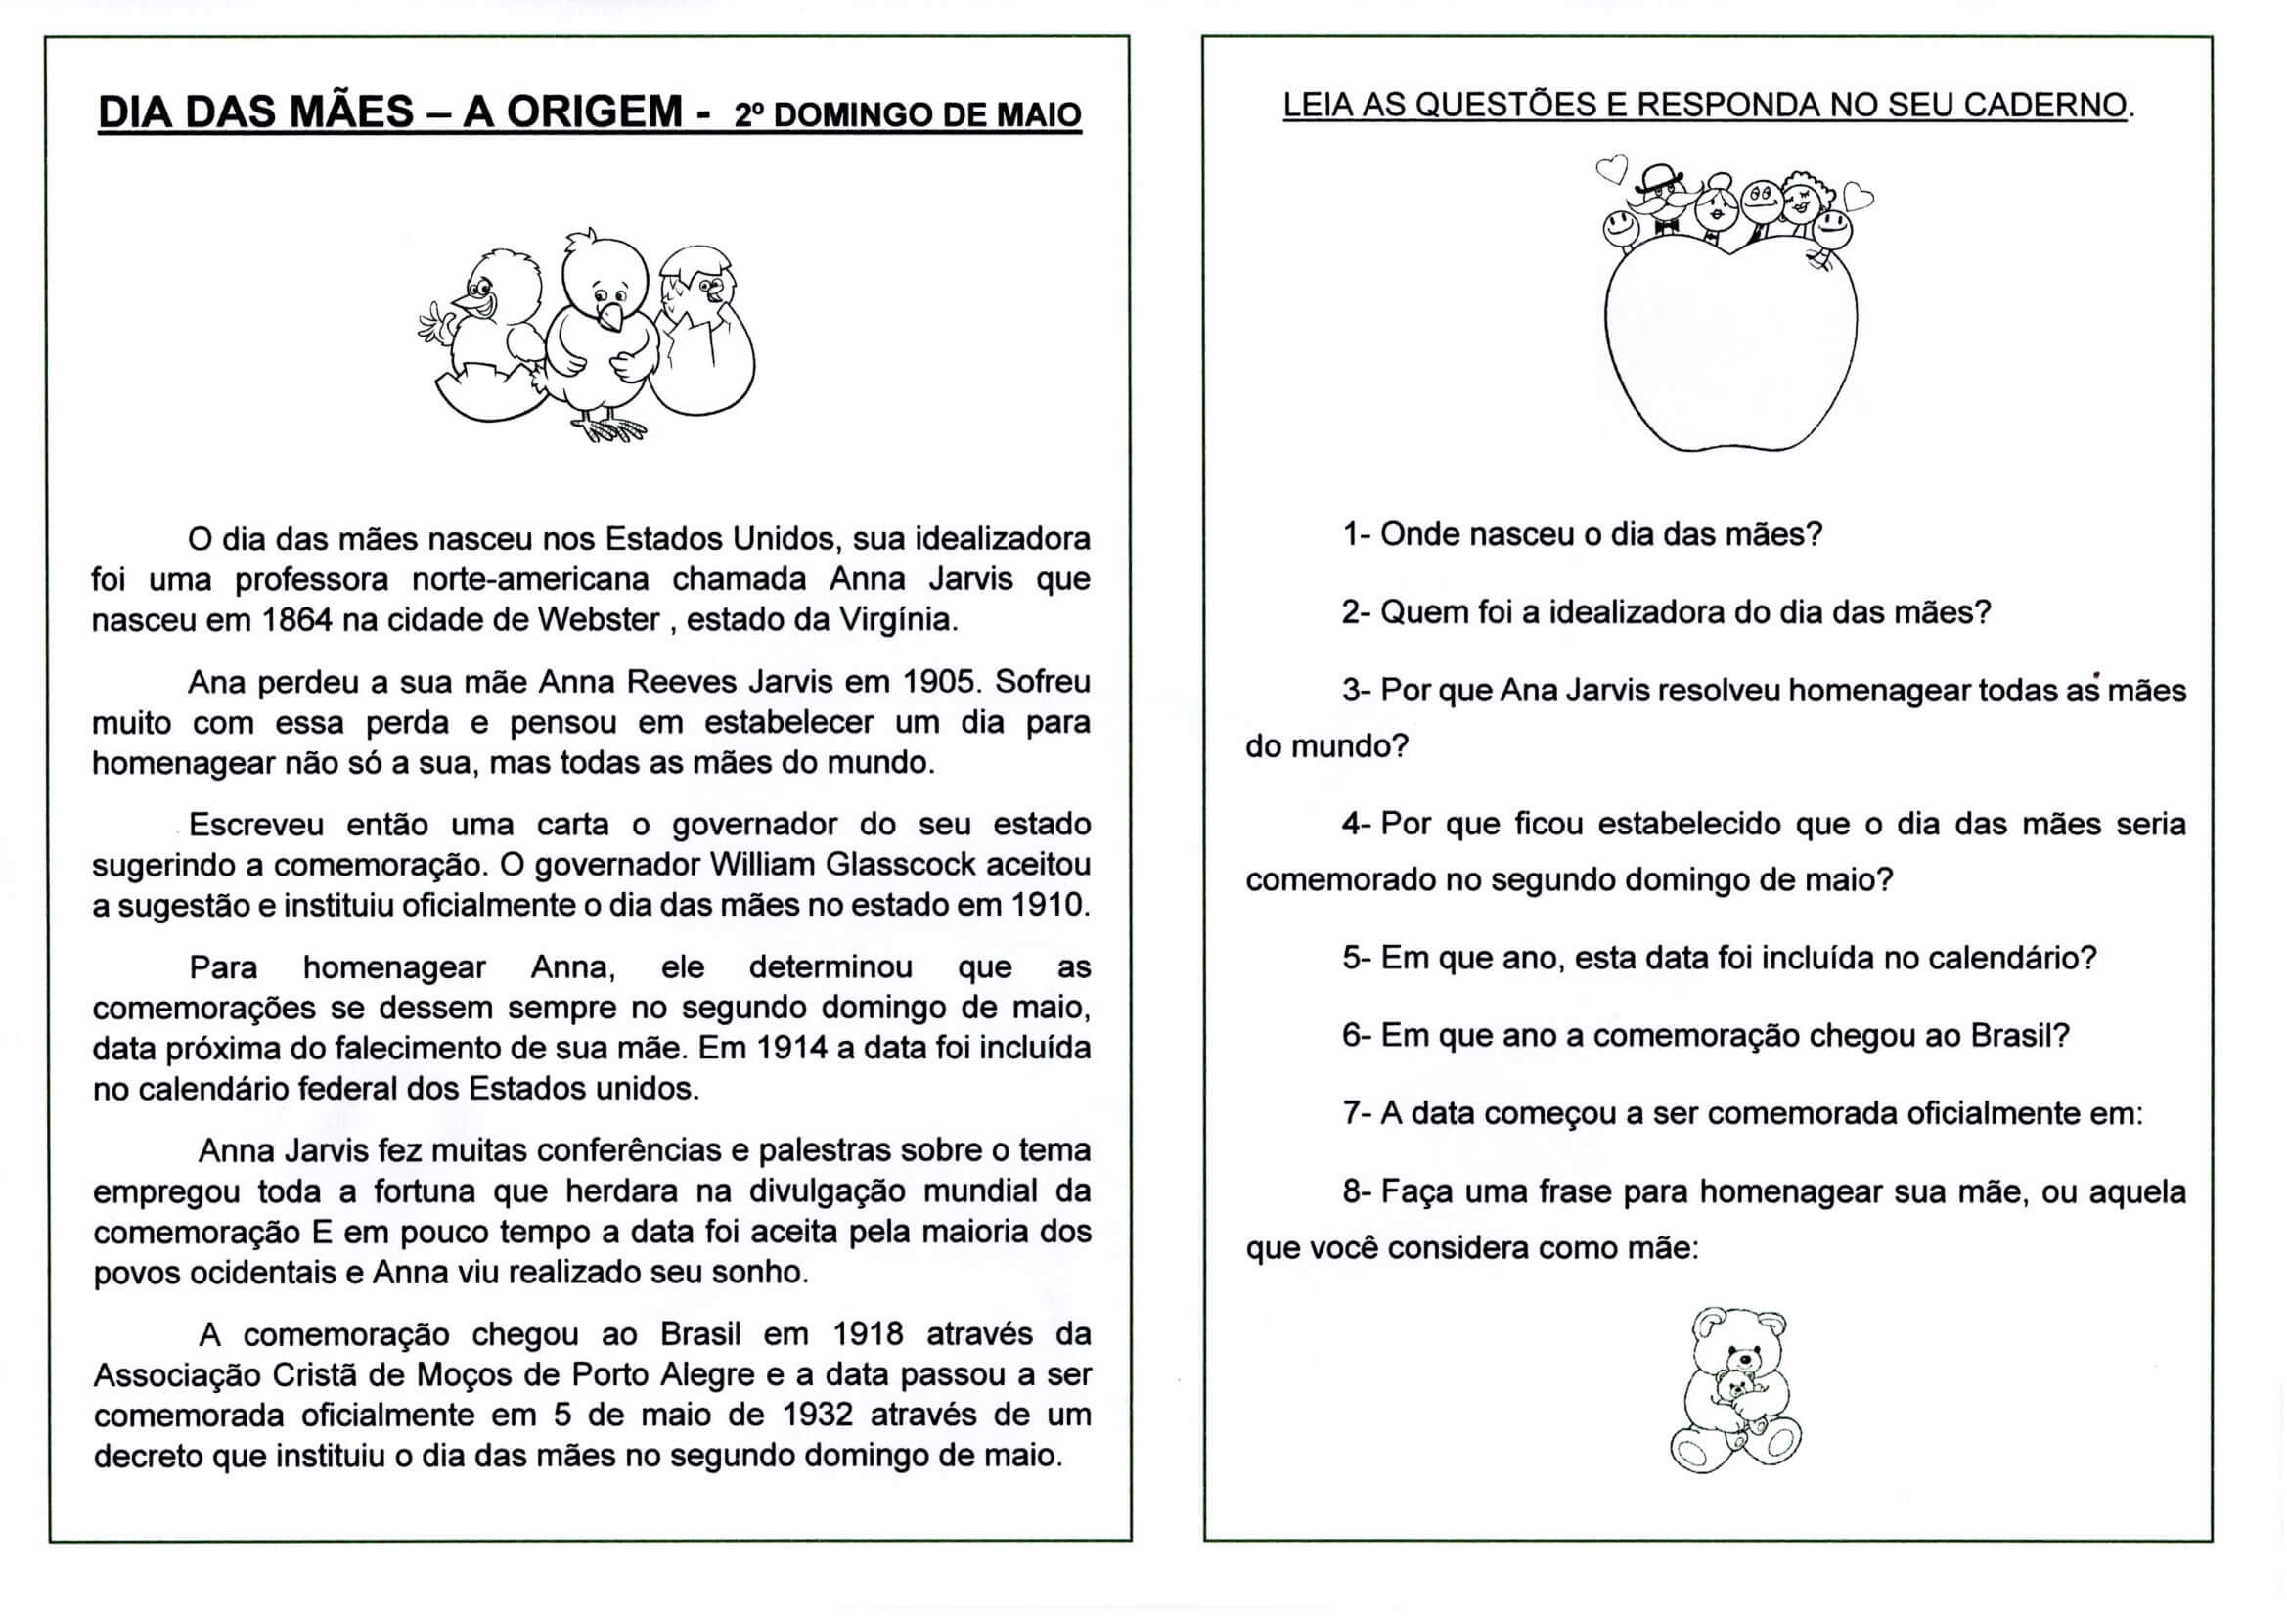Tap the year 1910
1050,905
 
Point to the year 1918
868,1334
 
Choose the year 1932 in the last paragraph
824,1416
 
